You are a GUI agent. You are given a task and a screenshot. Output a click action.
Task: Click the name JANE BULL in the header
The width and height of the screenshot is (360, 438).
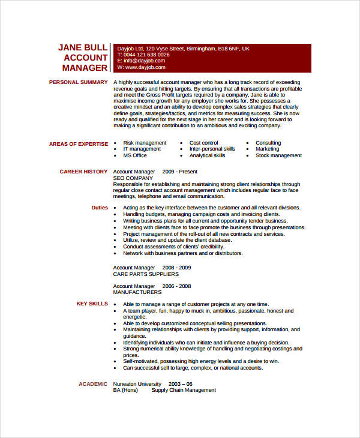pos(83,47)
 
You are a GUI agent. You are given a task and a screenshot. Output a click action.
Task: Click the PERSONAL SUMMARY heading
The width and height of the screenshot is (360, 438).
pos(78,82)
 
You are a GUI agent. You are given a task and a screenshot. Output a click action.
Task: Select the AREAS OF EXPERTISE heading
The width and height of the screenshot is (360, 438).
pos(79,143)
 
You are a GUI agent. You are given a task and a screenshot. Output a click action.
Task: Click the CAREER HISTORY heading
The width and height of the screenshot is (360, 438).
pos(83,172)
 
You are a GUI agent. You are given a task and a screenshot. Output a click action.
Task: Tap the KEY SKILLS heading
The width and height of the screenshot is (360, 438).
pos(92,304)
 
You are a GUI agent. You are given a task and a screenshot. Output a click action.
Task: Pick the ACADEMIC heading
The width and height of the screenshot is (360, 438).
pos(93,384)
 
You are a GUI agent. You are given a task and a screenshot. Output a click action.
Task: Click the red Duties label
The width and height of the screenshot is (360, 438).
pos(100,208)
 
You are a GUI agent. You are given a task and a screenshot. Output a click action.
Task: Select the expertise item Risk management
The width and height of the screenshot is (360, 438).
pos(145,143)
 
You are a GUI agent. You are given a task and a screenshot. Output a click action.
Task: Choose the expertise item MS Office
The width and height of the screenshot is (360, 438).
pos(135,155)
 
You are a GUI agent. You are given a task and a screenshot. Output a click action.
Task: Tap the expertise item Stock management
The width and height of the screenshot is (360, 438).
pos(278,155)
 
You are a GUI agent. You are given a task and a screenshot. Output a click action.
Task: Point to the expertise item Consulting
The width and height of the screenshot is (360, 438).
pos(268,143)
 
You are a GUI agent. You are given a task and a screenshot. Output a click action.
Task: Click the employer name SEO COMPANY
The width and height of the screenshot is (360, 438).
pos(133,178)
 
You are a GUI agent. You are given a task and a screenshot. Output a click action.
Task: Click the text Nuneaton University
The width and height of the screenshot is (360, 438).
pos(137,384)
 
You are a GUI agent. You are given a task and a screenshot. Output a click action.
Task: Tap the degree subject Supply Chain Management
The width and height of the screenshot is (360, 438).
pos(184,390)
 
